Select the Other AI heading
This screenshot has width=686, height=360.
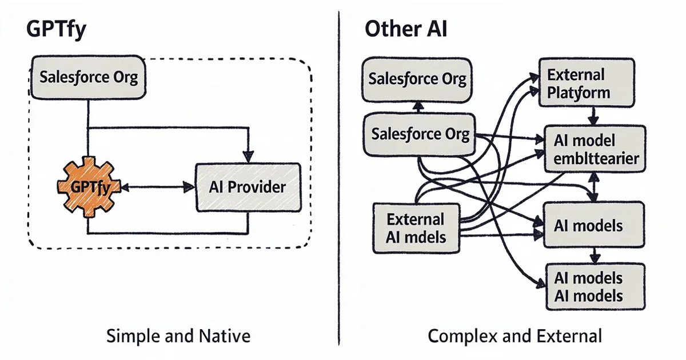tap(406, 30)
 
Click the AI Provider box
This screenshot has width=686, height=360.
tap(248, 186)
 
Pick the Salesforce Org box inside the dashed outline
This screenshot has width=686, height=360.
tap(89, 77)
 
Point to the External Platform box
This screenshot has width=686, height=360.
tap(587, 83)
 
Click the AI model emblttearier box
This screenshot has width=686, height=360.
tap(596, 149)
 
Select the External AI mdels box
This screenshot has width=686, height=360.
tap(416, 228)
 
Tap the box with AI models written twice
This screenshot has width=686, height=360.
tap(595, 286)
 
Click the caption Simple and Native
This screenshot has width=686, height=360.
tap(178, 336)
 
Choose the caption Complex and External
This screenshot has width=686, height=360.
tap(514, 336)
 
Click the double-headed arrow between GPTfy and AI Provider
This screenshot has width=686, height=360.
tap(154, 186)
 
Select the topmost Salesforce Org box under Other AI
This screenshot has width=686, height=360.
tap(417, 78)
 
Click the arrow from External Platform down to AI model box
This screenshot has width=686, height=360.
tap(593, 117)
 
